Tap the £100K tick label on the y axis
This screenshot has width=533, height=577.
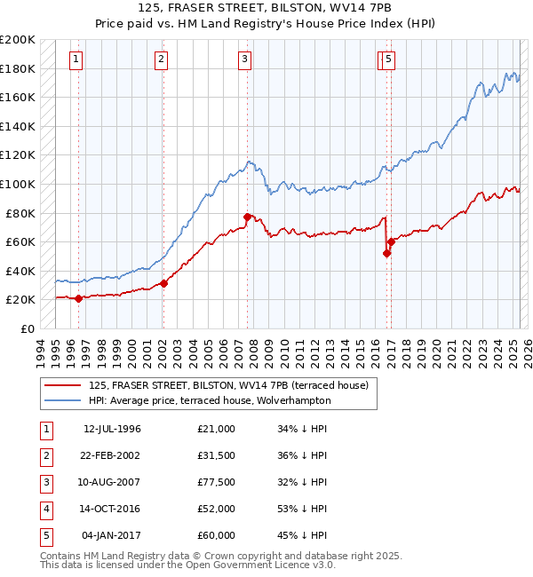point(19,184)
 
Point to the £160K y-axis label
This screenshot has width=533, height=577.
point(19,97)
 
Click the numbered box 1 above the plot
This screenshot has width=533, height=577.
point(76,60)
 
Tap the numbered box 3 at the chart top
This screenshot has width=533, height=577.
point(243,60)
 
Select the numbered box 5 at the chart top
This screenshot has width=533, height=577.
point(390,60)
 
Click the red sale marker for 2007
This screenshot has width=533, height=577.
point(247,216)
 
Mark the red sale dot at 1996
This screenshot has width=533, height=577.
point(78,298)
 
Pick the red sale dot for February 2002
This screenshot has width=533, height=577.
point(164,283)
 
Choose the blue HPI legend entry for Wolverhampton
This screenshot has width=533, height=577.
point(210,400)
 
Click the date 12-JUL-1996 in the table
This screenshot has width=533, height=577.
point(112,429)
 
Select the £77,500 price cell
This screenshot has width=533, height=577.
point(217,482)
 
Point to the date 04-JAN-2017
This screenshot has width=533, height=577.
point(111,535)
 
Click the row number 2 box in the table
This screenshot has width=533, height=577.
point(45,455)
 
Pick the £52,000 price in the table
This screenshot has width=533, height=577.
point(217,509)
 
